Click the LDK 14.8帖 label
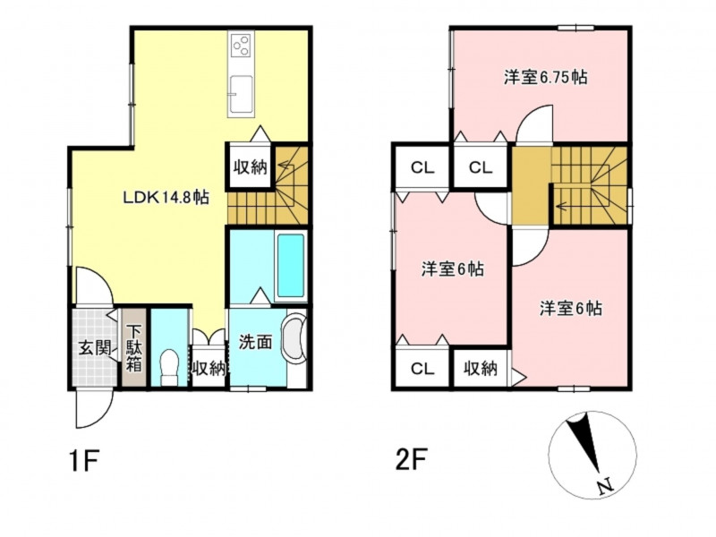(166, 198)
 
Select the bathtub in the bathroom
(290, 266)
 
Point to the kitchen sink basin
(241, 94)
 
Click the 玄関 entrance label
(95, 349)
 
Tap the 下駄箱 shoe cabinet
(133, 348)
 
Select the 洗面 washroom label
(256, 342)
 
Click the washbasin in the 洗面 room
(294, 339)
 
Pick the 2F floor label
(411, 460)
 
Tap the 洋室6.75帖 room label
(546, 77)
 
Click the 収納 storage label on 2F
(481, 368)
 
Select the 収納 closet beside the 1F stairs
(251, 166)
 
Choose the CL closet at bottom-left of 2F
(422, 368)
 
